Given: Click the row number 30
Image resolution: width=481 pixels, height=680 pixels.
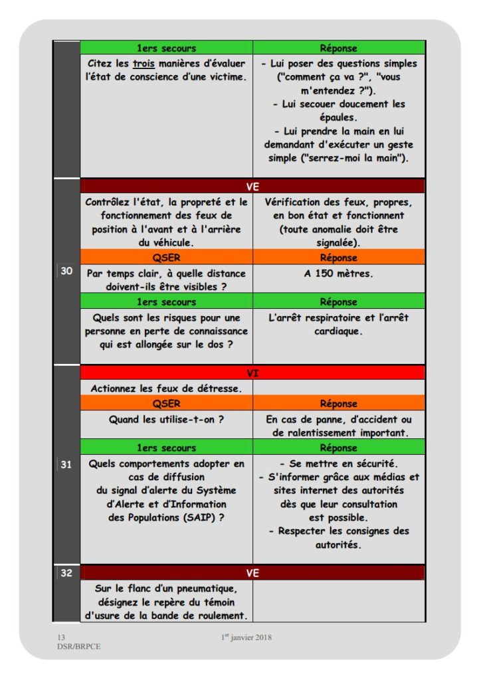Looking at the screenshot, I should coord(66,271).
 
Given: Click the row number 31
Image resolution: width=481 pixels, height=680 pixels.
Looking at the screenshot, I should coord(66,465).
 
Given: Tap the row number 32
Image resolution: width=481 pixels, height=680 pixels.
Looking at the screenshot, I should coord(66,572).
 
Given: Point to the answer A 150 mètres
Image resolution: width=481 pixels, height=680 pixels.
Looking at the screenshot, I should coord(339,273).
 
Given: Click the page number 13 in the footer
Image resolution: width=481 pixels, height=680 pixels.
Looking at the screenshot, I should coord(62,637).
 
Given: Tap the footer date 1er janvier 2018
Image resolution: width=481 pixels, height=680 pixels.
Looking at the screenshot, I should coord(246,637).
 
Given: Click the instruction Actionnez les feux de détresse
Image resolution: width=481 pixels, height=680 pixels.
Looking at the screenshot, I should coord(166,388).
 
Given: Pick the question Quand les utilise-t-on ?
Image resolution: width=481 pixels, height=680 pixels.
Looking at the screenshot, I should coord(166,419).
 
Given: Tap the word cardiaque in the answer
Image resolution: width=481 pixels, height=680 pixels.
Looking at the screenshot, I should coord(339,331).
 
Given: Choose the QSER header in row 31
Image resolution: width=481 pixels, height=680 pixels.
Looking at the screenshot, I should coord(166,404).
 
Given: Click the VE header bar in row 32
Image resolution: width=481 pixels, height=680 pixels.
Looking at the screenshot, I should coord(252,572).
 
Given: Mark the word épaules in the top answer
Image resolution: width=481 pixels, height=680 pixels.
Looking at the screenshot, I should coord(339,118).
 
